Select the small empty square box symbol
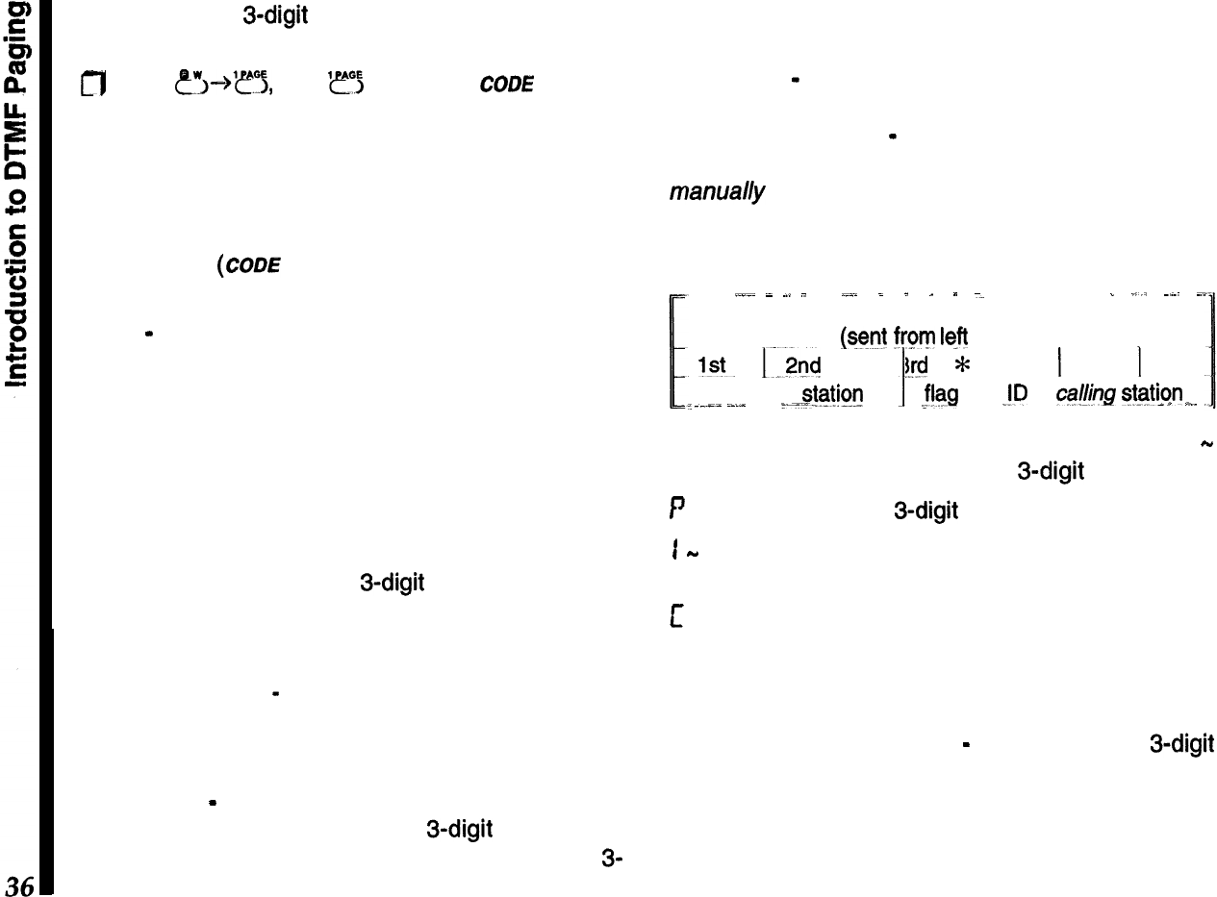coord(147,86)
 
